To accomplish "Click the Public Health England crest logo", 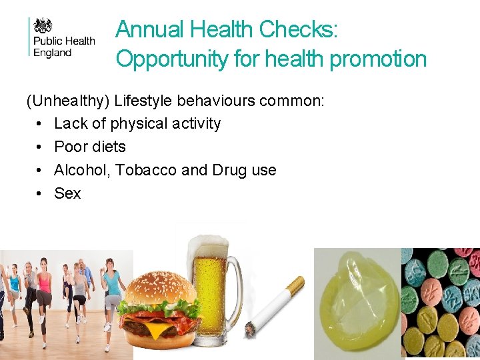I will pos(43,25).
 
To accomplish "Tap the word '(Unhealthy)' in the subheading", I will pos(68,101).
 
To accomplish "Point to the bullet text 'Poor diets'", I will pos(89,147).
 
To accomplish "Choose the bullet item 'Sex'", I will pos(67,193).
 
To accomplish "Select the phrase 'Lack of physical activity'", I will pos(137,123).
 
